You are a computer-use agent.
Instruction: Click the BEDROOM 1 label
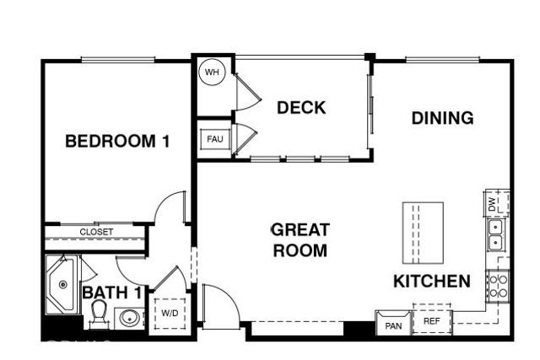[117, 141]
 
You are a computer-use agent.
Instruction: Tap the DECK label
[301, 108]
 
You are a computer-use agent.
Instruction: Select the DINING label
[442, 118]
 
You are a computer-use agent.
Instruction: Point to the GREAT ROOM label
[299, 239]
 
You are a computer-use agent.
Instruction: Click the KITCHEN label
[431, 282]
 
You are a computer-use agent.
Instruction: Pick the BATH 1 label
[111, 293]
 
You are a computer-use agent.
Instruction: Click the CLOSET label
[96, 232]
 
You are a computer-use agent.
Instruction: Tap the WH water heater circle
[211, 73]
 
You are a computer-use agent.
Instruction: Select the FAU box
[213, 139]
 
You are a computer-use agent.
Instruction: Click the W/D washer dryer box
[170, 313]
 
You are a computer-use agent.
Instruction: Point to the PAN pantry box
[392, 324]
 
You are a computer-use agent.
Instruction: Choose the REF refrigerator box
[431, 320]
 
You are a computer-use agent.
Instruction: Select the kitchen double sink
[495, 235]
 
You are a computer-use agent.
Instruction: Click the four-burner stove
[497, 286]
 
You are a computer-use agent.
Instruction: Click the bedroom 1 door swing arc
[172, 207]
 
